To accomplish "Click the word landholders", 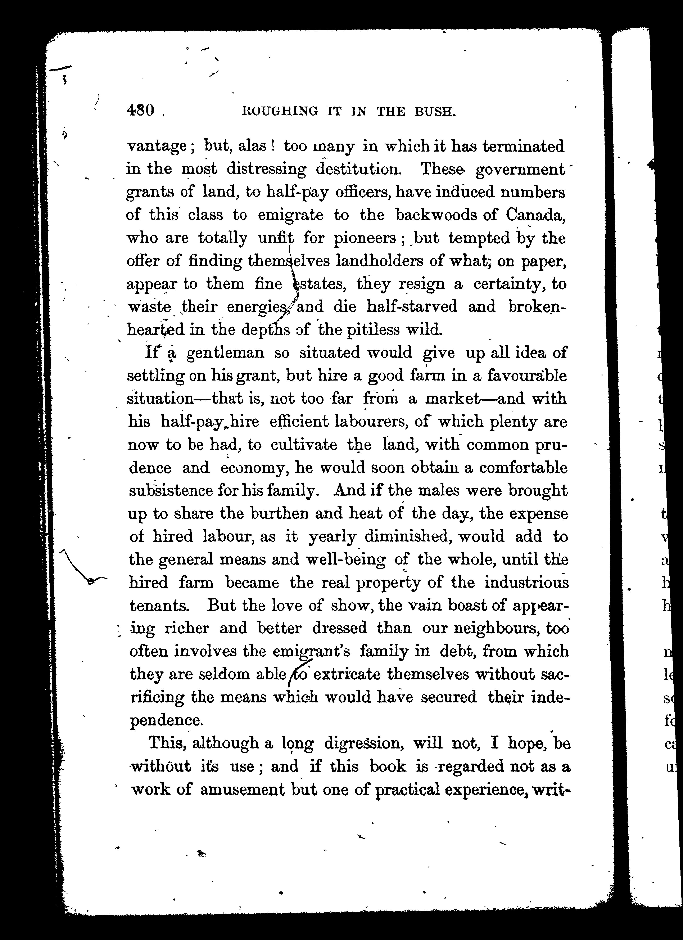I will (379, 261).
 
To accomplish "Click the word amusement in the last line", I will (242, 790).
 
